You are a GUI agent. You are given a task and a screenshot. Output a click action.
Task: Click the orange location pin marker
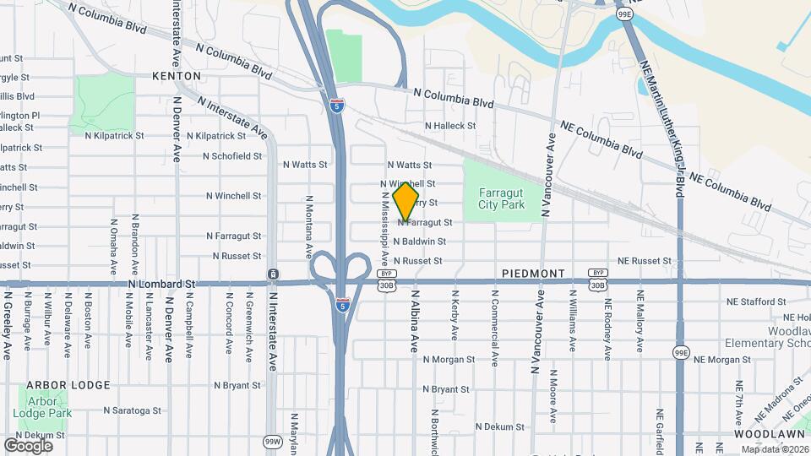(405, 204)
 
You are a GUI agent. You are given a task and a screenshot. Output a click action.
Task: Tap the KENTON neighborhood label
(177, 76)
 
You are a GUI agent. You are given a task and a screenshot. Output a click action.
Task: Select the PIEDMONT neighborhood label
(532, 274)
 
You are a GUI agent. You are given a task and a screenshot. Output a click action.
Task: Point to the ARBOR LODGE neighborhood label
(68, 385)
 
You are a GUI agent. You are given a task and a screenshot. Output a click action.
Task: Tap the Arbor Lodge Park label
(48, 408)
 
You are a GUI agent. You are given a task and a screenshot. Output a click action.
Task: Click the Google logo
(28, 445)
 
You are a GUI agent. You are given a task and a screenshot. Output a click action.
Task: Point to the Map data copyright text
(774, 449)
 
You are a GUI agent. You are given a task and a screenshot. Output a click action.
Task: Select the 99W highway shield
(272, 442)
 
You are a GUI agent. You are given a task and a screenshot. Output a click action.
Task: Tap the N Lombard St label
(162, 285)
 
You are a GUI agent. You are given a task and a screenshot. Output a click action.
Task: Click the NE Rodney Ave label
(607, 321)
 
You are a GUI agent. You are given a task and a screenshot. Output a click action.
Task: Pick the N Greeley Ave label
(8, 325)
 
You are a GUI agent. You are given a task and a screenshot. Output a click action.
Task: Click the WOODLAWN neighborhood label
(744, 434)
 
